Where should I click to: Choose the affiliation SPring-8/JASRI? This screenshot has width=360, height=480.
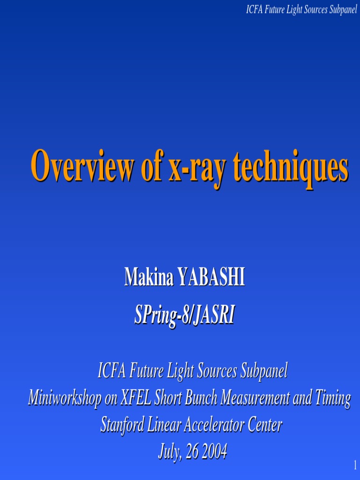coord(184,315)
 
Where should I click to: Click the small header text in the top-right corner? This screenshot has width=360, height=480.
coord(301,10)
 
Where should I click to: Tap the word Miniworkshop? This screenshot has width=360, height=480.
coord(64,398)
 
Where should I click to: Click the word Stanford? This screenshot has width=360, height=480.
coord(123,425)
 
